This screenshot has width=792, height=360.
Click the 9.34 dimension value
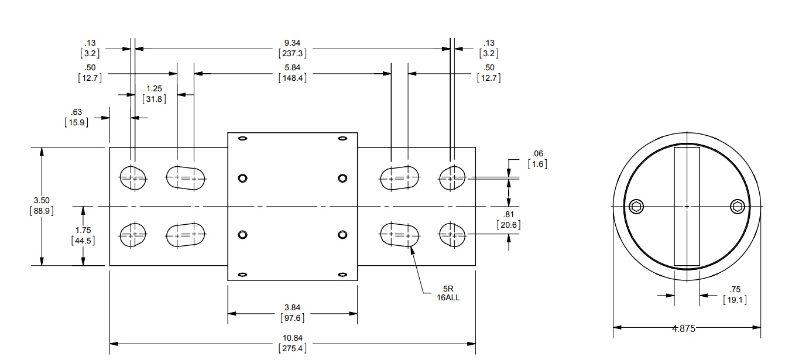pyautogui.click(x=293, y=43)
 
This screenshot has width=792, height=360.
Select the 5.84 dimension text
pyautogui.click(x=293, y=67)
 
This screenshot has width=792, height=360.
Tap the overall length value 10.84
pyautogui.click(x=293, y=338)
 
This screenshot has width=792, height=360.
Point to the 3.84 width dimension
pyautogui.click(x=293, y=308)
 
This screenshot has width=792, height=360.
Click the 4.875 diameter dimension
pyautogui.click(x=684, y=329)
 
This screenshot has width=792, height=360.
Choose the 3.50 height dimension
pyautogui.click(x=42, y=201)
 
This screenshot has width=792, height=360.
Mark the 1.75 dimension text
pyautogui.click(x=83, y=230)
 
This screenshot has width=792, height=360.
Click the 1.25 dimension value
pyautogui.click(x=154, y=89)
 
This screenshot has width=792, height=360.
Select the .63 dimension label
pyautogui.click(x=76, y=112)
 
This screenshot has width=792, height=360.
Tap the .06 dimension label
pyautogui.click(x=537, y=153)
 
